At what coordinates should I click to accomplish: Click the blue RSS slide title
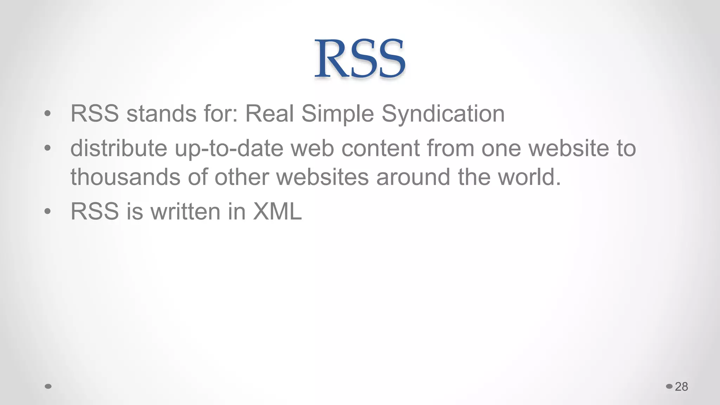pyautogui.click(x=360, y=58)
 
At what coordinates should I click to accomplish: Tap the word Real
pyautogui.click(x=269, y=114)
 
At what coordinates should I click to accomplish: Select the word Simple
pyautogui.click(x=337, y=114)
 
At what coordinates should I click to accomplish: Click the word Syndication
pyautogui.click(x=443, y=114)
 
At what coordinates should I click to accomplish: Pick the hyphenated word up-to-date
pyautogui.click(x=229, y=148)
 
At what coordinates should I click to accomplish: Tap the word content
pyautogui.click(x=380, y=148)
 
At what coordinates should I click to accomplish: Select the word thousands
pyautogui.click(x=126, y=176)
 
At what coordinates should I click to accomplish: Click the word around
pyautogui.click(x=413, y=176)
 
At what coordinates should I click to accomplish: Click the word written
pyautogui.click(x=185, y=211)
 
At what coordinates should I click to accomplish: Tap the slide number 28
pyautogui.click(x=681, y=386)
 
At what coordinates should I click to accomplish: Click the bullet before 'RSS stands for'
pyautogui.click(x=48, y=114)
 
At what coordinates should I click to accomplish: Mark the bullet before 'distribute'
pyautogui.click(x=48, y=148)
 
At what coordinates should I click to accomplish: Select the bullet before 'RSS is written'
pyautogui.click(x=48, y=211)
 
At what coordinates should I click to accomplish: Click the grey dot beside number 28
pyautogui.click(x=669, y=386)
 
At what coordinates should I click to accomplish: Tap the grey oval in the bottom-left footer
pyautogui.click(x=49, y=386)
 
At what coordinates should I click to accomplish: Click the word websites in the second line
pyautogui.click(x=322, y=176)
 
